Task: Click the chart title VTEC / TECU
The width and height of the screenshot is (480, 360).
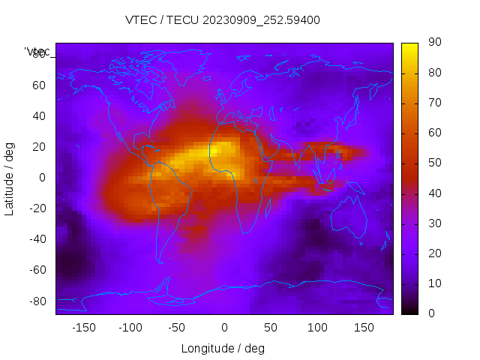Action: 223,20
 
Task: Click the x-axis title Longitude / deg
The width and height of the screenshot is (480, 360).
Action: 223,348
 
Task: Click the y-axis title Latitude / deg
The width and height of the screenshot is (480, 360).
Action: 10,178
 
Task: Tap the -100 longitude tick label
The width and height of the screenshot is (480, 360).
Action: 130,328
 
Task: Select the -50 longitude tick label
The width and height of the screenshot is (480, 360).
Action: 177,328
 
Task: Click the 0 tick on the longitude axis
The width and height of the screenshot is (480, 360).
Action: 223,328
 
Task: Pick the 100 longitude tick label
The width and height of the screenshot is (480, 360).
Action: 317,328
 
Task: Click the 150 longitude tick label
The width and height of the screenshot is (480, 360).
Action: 364,328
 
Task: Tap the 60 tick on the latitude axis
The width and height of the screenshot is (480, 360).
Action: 39,85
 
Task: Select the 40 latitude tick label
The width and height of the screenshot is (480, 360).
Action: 39,115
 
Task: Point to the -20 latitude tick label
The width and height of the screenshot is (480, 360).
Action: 37,208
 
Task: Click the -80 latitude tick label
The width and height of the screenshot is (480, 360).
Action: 37,301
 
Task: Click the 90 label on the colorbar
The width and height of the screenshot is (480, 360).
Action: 434,43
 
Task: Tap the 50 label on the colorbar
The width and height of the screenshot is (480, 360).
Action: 434,163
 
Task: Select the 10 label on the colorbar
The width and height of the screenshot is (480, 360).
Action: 434,283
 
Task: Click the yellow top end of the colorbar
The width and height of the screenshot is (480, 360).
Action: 409,46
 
